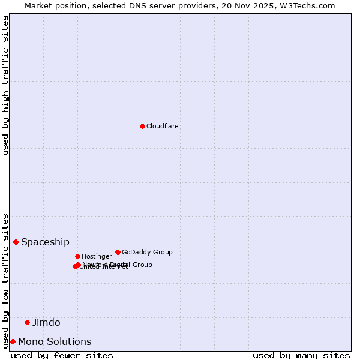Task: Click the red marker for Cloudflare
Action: (142, 126)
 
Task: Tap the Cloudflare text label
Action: (163, 126)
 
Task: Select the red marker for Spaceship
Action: (16, 242)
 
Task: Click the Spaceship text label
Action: (45, 242)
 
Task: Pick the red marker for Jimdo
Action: (27, 322)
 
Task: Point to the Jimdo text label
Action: (46, 323)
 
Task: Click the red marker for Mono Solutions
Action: (13, 341)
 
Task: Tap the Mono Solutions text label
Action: (55, 342)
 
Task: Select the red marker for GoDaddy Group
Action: (118, 252)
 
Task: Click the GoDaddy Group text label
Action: (147, 252)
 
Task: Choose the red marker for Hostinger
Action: (77, 256)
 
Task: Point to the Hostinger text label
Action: (97, 256)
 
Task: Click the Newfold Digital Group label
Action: (118, 265)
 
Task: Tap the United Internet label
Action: (104, 267)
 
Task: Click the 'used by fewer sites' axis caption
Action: (62, 355)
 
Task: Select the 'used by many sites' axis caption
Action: (301, 355)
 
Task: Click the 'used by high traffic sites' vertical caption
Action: (6, 85)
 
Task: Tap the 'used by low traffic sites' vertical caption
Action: (6, 280)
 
